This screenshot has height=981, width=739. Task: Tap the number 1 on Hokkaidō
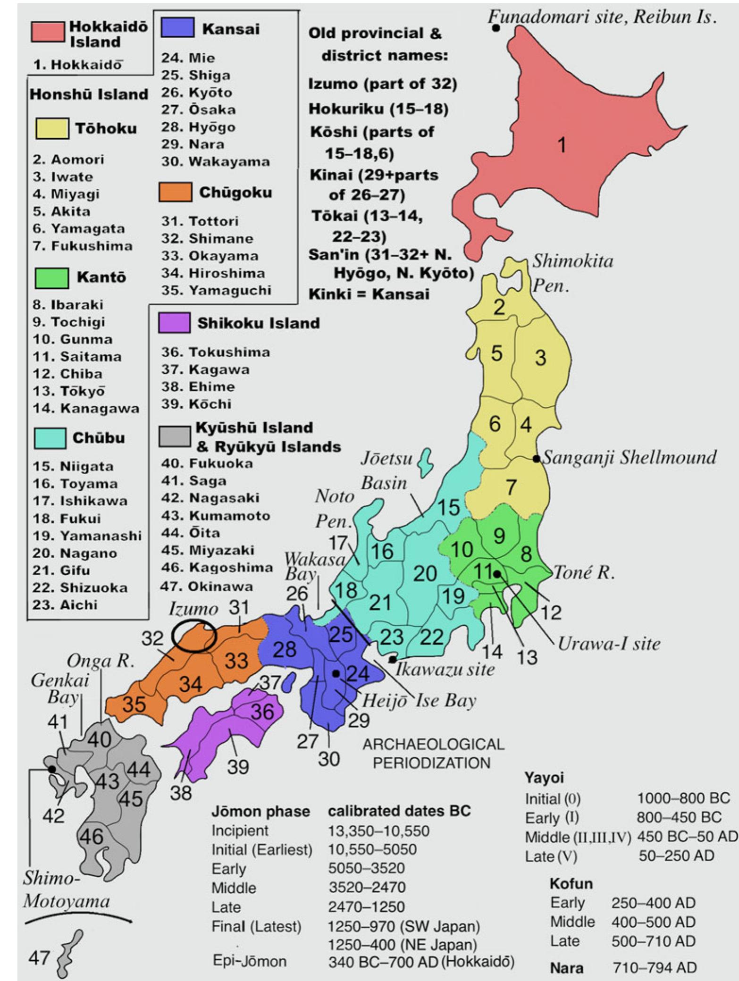(x=562, y=146)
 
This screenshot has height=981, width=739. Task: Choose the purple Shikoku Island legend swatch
(x=175, y=323)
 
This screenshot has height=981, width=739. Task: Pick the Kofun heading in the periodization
(x=571, y=883)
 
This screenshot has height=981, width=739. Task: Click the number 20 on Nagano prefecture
(x=425, y=573)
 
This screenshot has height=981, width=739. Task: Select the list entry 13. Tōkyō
(x=69, y=391)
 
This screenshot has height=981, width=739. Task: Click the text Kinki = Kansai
(x=369, y=294)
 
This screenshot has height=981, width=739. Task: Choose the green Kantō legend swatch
(x=51, y=277)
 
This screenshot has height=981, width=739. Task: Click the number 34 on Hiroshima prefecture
(x=191, y=684)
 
